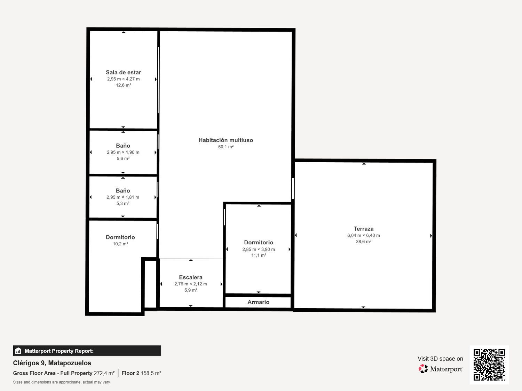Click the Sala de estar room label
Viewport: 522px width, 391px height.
(123, 72)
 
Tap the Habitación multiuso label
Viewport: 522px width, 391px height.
(226, 140)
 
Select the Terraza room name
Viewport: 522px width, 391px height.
(363, 229)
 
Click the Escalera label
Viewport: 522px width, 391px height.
(190, 277)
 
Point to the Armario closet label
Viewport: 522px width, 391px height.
(258, 302)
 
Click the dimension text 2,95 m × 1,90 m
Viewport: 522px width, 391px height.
(123, 152)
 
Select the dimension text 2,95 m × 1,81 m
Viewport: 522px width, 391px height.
(122, 197)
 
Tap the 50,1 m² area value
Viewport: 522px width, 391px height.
(226, 147)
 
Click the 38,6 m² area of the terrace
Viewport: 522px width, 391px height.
(363, 242)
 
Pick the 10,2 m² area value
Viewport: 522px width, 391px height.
(120, 244)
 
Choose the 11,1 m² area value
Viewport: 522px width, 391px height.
(259, 255)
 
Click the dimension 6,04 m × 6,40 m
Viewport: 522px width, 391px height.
(363, 235)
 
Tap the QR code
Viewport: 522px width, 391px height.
(489, 365)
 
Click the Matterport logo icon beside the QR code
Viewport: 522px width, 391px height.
(423, 369)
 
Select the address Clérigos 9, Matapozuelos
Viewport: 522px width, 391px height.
(52, 363)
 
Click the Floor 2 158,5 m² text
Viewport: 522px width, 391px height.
(141, 373)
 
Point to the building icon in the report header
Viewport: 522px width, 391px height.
(18, 351)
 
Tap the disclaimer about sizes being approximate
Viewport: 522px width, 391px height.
(61, 382)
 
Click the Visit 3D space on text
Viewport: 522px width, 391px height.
(440, 359)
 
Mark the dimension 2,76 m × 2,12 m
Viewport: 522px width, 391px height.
(190, 284)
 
